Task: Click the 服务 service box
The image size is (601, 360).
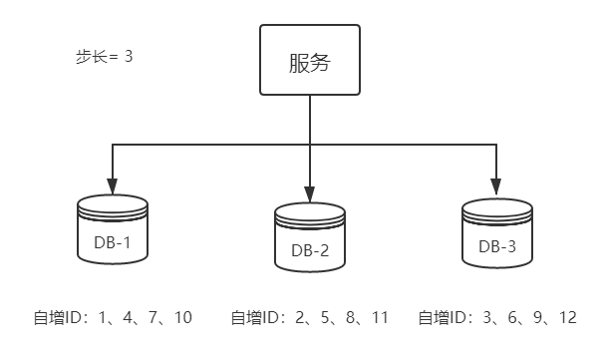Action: click(309, 61)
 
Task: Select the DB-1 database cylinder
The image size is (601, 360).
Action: click(113, 230)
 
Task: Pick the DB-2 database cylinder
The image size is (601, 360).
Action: click(310, 236)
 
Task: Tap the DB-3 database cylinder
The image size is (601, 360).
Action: click(496, 232)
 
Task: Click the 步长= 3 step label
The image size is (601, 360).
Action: click(105, 57)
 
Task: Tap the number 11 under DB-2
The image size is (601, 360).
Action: click(378, 318)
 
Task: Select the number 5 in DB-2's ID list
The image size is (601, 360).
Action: click(325, 318)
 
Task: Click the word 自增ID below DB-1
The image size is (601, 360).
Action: click(56, 318)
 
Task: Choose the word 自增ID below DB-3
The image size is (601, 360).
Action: click(440, 318)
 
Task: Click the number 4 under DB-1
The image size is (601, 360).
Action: click(128, 318)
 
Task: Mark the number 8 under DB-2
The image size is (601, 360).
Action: click(350, 318)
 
